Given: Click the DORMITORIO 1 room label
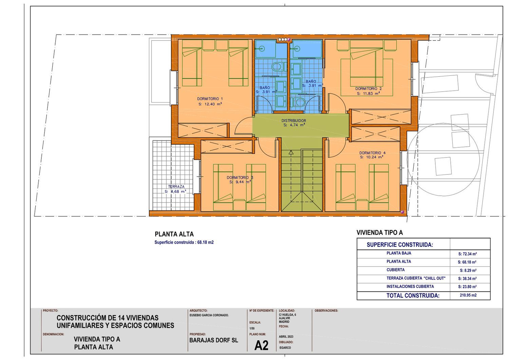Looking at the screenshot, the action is (210, 99).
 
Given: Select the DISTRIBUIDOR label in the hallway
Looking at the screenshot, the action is (294, 121).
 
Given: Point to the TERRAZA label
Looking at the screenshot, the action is (176, 186).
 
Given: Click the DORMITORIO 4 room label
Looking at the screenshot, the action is (373, 153).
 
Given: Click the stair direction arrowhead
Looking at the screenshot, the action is (291, 152).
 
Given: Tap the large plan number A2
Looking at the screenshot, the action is (261, 345).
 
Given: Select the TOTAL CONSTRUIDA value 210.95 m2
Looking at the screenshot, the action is (468, 295).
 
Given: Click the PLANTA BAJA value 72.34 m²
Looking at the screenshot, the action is (467, 254).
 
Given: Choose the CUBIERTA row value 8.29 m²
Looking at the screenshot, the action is (468, 270).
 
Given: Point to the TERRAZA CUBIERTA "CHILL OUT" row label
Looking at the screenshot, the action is (416, 278).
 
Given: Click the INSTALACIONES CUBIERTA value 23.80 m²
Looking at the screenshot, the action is (467, 287).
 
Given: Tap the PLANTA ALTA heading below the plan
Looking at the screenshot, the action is (174, 234).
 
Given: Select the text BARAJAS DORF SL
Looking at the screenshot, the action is (214, 340).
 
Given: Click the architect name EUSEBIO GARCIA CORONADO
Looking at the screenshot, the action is (209, 315).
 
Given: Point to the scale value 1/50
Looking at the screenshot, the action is (252, 328).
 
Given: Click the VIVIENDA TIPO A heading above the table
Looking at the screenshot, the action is (379, 232).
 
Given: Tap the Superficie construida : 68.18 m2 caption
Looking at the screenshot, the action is (184, 242).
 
